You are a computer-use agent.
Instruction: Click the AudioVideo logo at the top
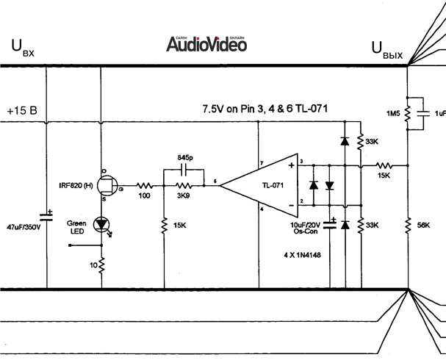(205, 44)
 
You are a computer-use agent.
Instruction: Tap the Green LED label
(76, 227)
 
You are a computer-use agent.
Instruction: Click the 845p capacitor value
(187, 157)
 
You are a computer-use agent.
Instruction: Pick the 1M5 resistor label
(393, 113)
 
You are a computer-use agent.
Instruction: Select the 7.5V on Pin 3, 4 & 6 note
(265, 108)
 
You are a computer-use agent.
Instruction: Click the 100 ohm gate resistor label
(145, 197)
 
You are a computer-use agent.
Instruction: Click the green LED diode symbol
(102, 223)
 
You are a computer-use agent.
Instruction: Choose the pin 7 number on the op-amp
(261, 162)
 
